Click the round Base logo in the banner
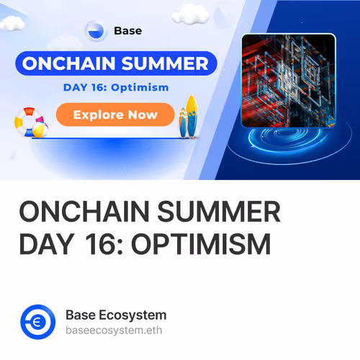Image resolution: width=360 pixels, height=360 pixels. (x=95, y=31)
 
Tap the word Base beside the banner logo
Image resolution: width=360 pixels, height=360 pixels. (x=128, y=31)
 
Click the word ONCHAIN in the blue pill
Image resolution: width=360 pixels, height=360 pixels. (x=64, y=63)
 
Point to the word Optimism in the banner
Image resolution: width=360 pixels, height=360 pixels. (x=143, y=87)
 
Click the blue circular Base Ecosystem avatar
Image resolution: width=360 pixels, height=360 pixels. (x=38, y=321)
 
